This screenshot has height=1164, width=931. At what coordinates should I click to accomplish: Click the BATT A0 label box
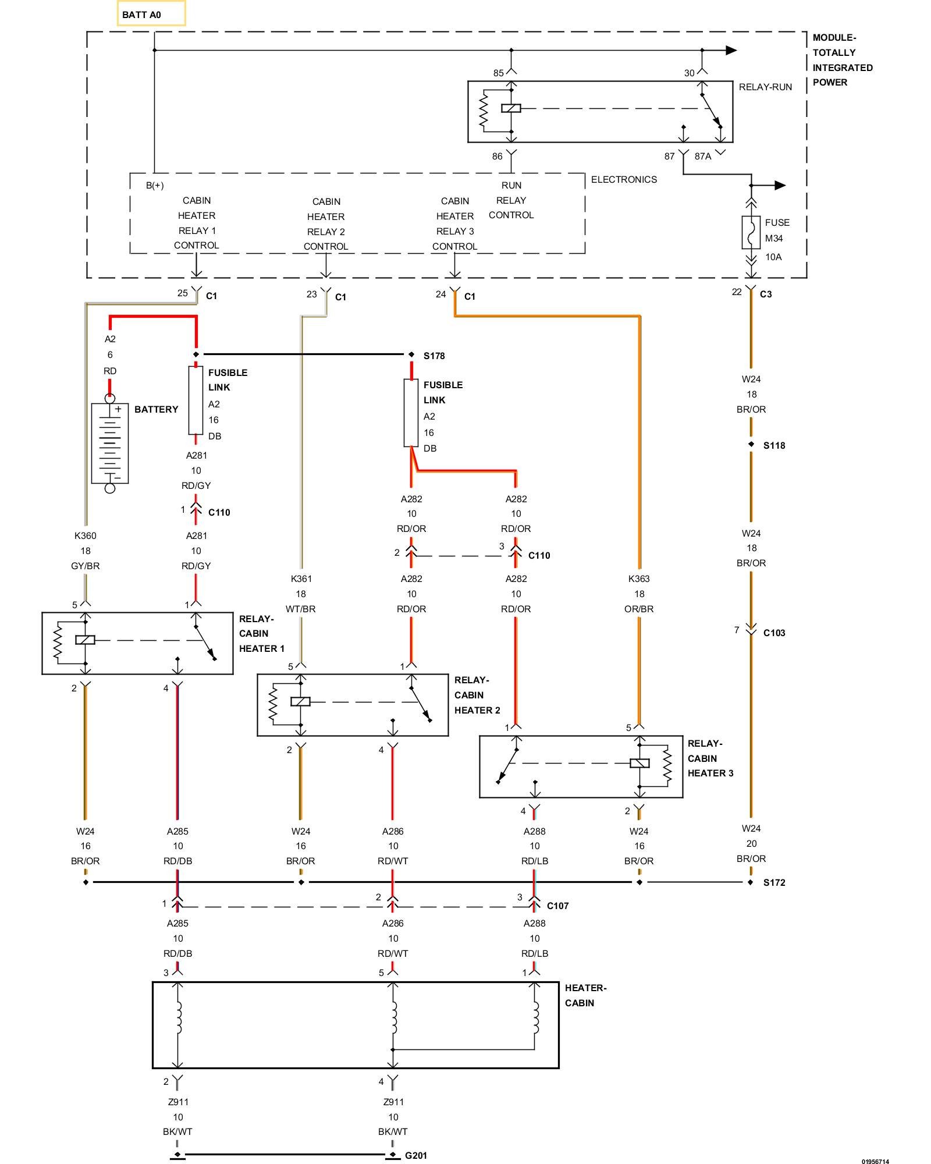(151, 14)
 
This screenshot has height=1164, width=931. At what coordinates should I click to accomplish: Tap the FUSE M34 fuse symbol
(751, 233)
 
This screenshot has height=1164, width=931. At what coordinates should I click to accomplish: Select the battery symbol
(110, 443)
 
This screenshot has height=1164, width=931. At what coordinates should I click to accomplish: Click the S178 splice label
(434, 356)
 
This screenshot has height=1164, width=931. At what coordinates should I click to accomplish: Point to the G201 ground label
(416, 1155)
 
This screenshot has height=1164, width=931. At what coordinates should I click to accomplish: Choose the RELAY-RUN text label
(765, 87)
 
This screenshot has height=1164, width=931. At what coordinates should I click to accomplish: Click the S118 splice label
(774, 445)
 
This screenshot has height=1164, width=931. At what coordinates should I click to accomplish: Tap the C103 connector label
(774, 633)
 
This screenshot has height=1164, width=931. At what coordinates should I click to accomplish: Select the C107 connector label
(558, 906)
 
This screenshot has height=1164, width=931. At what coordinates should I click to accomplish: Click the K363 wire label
(639, 579)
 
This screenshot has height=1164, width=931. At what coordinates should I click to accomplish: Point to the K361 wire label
(301, 579)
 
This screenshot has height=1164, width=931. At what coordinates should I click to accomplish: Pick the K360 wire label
(86, 535)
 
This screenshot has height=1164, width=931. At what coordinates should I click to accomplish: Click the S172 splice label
(774, 882)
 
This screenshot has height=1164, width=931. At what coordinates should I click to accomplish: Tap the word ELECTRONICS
(624, 179)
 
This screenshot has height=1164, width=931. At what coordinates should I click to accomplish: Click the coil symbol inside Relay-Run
(511, 108)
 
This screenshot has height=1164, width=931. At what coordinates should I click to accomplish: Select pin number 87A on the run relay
(703, 156)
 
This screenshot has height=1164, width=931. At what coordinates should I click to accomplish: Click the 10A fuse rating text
(773, 257)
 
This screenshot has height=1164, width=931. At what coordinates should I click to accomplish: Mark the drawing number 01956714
(875, 1161)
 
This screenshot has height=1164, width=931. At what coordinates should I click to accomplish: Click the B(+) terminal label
(155, 185)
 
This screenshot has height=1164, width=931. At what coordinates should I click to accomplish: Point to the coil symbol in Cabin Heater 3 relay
(639, 763)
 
